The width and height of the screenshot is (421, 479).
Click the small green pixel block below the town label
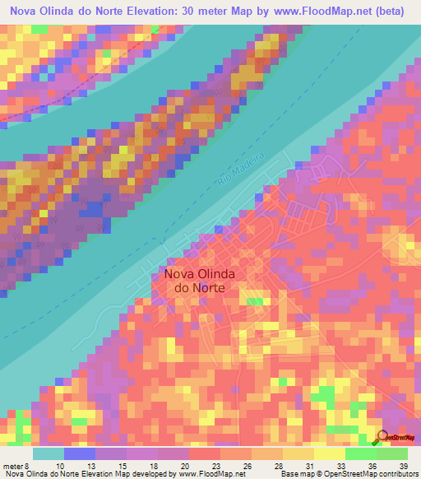(256, 302)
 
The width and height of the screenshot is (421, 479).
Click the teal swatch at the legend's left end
(48, 453)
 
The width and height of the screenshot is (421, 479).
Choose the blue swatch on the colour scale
(80, 453)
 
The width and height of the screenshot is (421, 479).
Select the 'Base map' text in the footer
(296, 473)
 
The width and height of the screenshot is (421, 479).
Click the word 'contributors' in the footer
(396, 473)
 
